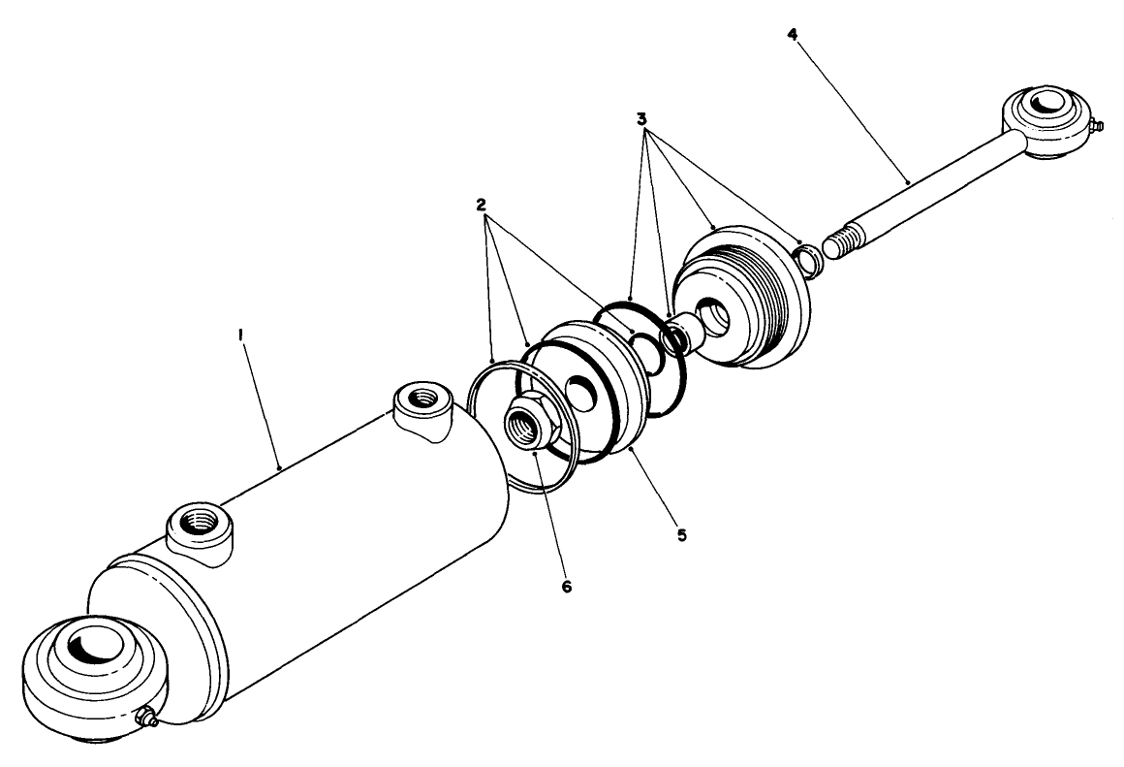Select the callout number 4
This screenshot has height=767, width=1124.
793,34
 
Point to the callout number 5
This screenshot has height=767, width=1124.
681,534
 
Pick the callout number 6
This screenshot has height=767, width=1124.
567,587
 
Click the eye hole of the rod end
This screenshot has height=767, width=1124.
1046,104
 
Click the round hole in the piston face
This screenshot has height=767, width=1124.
580,392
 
